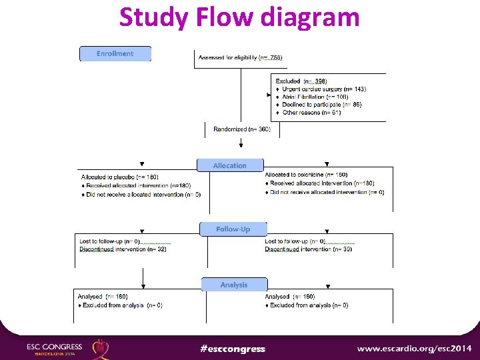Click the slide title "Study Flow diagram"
239,17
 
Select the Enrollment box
115,53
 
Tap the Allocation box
230,165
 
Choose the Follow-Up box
233,229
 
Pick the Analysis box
234,285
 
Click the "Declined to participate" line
317,105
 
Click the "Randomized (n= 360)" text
242,129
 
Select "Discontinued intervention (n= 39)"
309,249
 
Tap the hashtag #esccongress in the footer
233,349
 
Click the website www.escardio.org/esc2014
414,348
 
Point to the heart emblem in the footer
101,348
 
